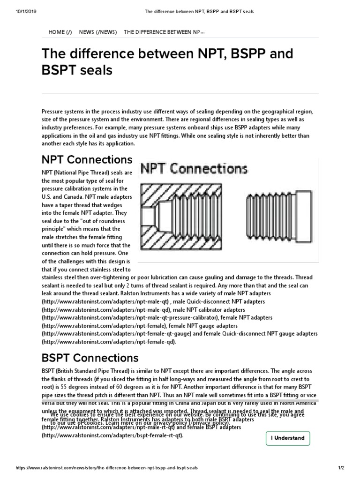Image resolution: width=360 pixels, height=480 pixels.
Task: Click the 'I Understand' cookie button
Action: [287, 438]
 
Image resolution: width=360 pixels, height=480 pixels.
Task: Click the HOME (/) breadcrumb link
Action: [60, 32]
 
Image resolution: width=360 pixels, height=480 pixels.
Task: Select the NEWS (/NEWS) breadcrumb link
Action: [98, 32]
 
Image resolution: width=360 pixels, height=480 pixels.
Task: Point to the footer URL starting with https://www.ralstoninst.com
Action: [107, 469]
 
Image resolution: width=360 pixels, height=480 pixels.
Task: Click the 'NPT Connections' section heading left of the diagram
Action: [87, 159]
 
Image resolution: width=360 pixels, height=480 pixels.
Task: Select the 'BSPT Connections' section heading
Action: [90, 358]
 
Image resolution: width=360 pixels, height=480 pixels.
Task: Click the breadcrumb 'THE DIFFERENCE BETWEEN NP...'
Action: [164, 32]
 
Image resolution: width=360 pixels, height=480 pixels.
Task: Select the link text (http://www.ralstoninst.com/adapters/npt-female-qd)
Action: [109, 342]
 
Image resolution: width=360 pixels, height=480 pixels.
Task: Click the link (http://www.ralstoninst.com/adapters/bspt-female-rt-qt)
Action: [112, 435]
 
